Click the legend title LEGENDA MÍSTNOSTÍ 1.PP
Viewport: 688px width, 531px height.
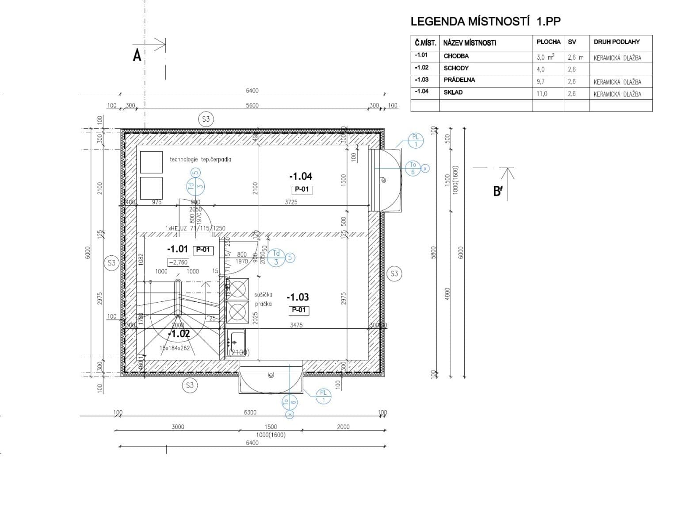click(485, 22)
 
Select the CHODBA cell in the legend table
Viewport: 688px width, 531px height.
click(456, 56)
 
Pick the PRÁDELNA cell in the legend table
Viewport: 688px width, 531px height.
click(459, 80)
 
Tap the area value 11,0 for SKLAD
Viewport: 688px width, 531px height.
click(542, 93)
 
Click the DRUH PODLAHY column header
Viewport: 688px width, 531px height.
click(616, 42)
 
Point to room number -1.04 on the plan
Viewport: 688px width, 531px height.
click(301, 176)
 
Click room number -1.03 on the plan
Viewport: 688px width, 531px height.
click(298, 297)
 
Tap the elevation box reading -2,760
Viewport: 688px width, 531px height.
click(178, 262)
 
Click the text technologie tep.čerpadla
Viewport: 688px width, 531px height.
click(200, 159)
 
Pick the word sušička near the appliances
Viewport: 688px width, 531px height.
click(263, 295)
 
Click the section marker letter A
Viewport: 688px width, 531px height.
click(138, 56)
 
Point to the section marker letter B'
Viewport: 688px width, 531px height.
click(498, 191)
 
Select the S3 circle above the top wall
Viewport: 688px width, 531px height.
click(206, 119)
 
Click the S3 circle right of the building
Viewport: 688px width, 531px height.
click(394, 273)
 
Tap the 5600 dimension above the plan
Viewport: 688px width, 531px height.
click(252, 105)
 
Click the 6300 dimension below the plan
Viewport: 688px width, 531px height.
click(250, 412)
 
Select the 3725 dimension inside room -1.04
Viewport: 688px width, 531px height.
click(291, 202)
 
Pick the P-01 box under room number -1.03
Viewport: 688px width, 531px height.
click(299, 310)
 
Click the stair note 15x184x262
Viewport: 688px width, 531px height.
click(175, 348)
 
